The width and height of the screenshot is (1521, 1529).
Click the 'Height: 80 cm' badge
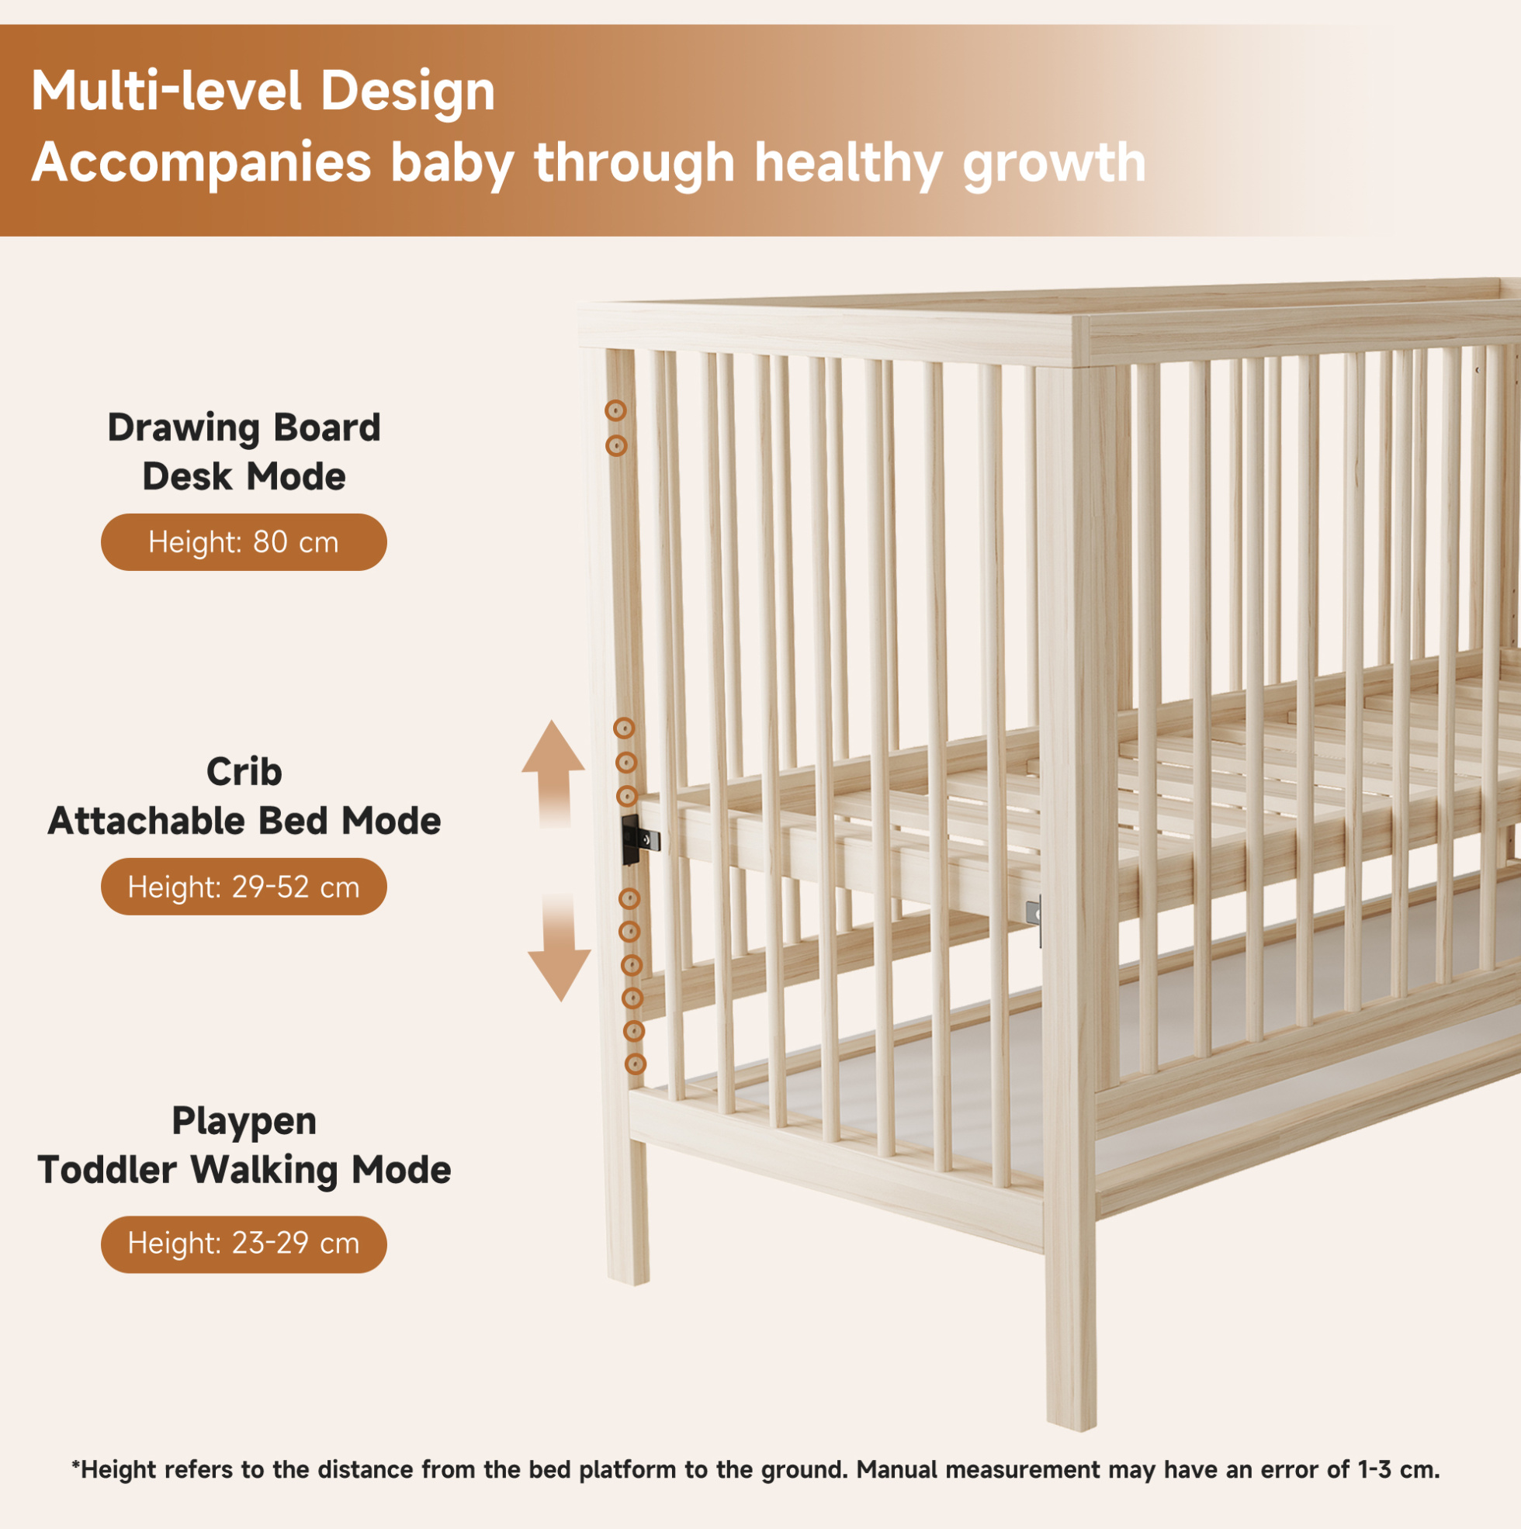coord(244,542)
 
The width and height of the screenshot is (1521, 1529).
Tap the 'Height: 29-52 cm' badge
coord(244,887)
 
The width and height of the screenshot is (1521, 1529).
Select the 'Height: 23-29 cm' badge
coord(244,1244)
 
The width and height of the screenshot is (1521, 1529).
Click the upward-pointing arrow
coord(553,772)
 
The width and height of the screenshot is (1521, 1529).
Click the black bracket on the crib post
coord(638,839)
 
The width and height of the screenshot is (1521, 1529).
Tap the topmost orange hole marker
coord(615,410)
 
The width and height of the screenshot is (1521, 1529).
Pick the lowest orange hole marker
coord(635,1064)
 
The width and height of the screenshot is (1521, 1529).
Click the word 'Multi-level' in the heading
coord(166,90)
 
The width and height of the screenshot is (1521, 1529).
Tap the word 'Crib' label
coord(244,772)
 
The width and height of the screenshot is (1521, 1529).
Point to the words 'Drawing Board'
coord(244,428)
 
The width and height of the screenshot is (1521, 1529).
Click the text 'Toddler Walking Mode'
coord(244,1171)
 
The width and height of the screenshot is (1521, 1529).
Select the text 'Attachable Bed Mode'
coord(244,821)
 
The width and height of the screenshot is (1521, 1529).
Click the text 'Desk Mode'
coord(244,477)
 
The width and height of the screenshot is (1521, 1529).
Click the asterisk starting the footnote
coord(76,1465)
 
